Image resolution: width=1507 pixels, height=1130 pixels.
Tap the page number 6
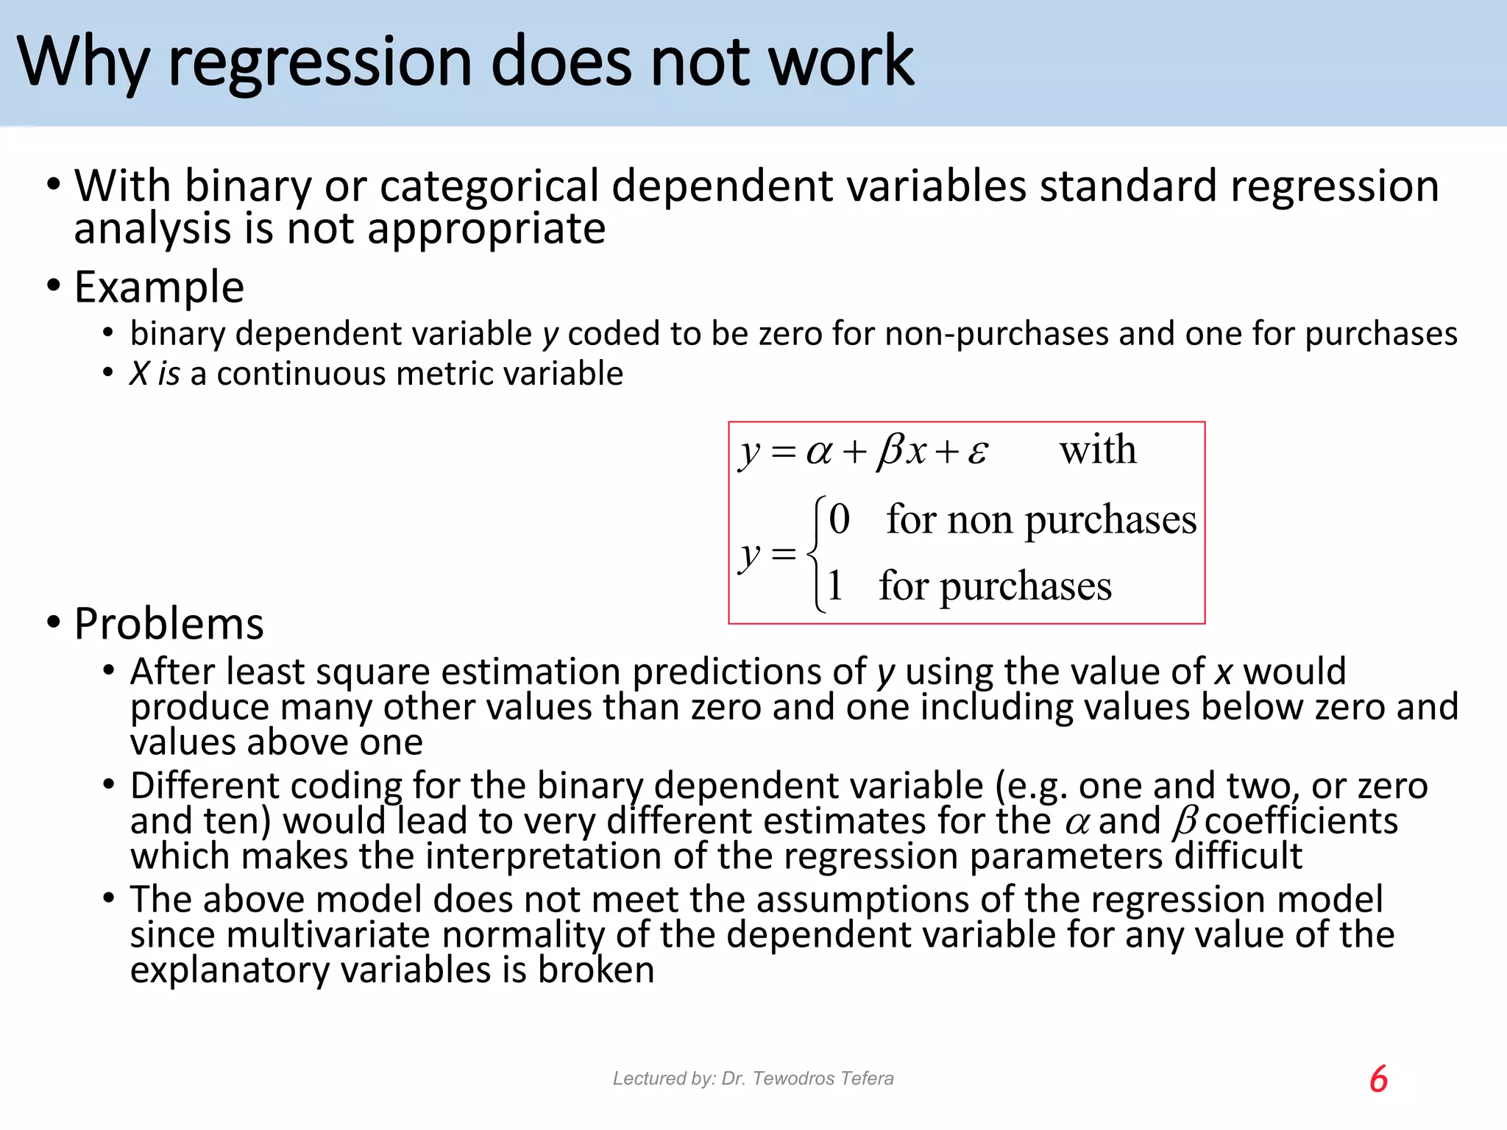1378,1079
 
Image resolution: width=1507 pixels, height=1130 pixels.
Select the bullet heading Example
159,287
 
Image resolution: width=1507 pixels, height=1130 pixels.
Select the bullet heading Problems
169,624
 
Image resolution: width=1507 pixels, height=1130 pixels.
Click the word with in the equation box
1097,449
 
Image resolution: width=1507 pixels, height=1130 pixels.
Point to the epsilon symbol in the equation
977,452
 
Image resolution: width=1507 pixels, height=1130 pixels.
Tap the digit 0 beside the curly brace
839,519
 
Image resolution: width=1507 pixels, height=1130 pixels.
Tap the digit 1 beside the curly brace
834,586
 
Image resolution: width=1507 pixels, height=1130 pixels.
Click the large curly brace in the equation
815,553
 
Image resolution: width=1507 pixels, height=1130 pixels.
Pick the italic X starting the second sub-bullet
139,374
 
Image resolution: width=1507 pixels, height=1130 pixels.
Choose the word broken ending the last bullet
596,970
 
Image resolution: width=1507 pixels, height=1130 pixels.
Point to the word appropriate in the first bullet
486,229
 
